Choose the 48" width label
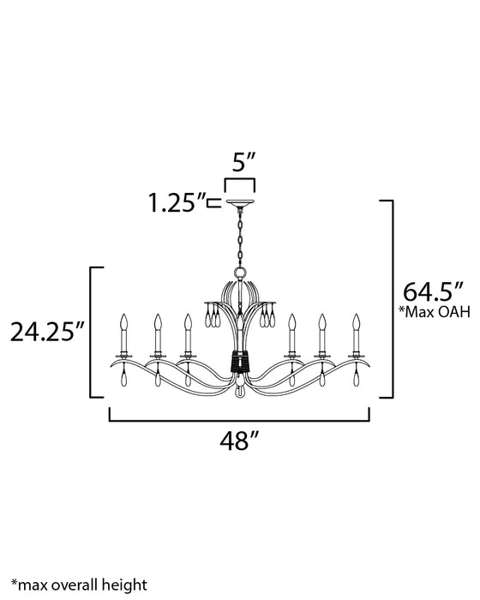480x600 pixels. (239, 441)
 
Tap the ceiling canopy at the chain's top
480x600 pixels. (240, 205)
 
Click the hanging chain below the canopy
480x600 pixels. (240, 236)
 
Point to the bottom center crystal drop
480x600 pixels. (240, 393)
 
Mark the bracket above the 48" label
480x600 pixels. (239, 419)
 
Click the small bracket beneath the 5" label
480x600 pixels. (240, 184)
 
